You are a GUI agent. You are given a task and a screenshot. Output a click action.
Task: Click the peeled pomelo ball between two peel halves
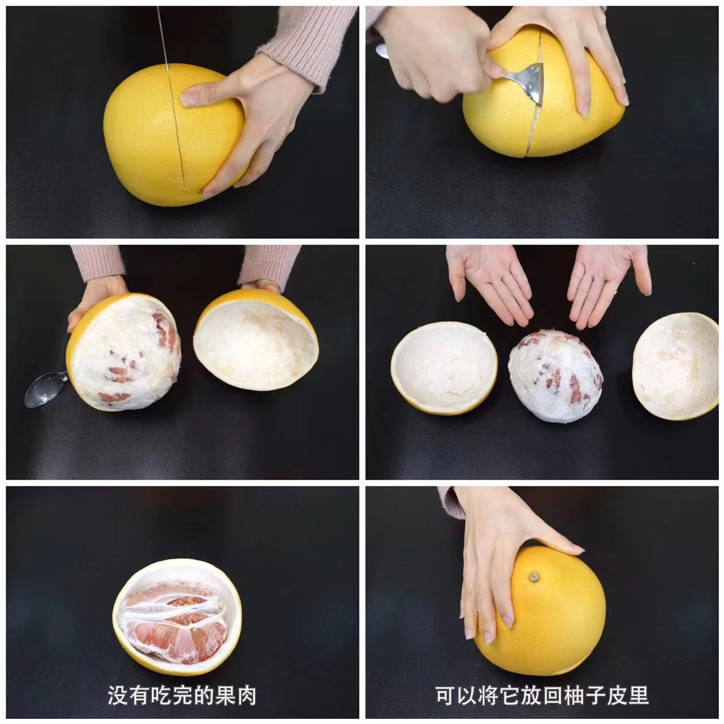tap(555, 377)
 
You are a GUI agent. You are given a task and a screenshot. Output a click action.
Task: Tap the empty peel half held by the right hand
tap(256, 338)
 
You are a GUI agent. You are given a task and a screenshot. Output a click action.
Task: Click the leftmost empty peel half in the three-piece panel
tap(445, 368)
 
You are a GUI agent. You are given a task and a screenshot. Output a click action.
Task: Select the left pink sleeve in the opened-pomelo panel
tap(98, 263)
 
